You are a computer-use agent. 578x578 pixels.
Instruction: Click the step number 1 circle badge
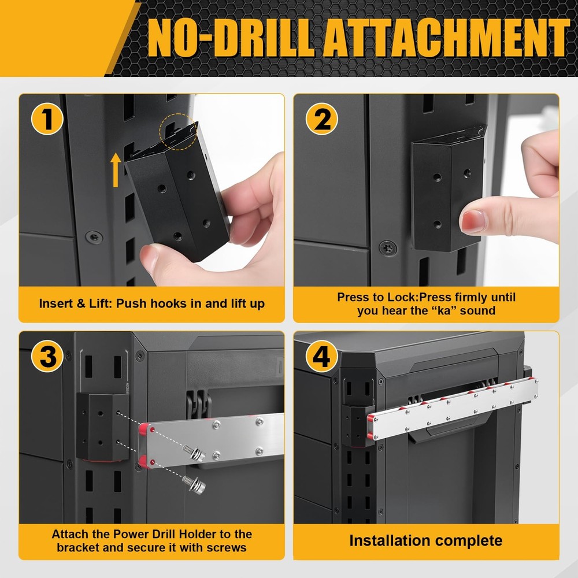[47, 120]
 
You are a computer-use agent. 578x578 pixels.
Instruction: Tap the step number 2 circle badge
[322, 120]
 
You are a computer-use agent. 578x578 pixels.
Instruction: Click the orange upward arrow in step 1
[116, 169]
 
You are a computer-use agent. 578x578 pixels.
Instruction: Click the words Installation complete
[425, 541]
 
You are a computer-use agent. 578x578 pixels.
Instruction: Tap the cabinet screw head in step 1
[92, 236]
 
